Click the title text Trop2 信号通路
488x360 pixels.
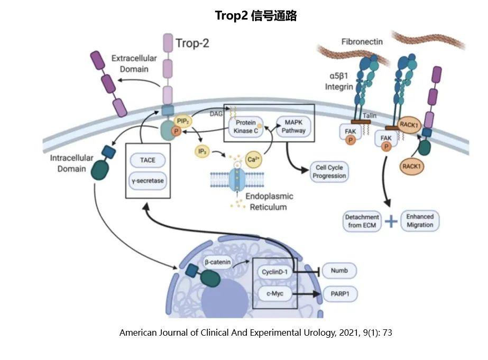pyautogui.click(x=256, y=16)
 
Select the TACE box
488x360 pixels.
pyautogui.click(x=148, y=161)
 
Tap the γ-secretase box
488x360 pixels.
pyautogui.click(x=148, y=181)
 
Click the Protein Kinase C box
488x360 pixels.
pyautogui.click(x=246, y=126)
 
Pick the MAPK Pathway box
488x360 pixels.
pyautogui.click(x=293, y=126)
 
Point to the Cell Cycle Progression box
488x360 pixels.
pyautogui.click(x=329, y=172)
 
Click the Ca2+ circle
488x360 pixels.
pyautogui.click(x=254, y=159)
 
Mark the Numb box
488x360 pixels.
pyautogui.click(x=339, y=271)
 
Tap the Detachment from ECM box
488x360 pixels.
pyautogui.click(x=362, y=221)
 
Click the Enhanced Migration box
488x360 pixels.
pyautogui.click(x=420, y=221)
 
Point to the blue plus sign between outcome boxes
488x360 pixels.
pyautogui.click(x=391, y=221)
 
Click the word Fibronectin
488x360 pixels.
pyautogui.click(x=362, y=41)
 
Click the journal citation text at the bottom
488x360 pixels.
pyautogui.click(x=256, y=333)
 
